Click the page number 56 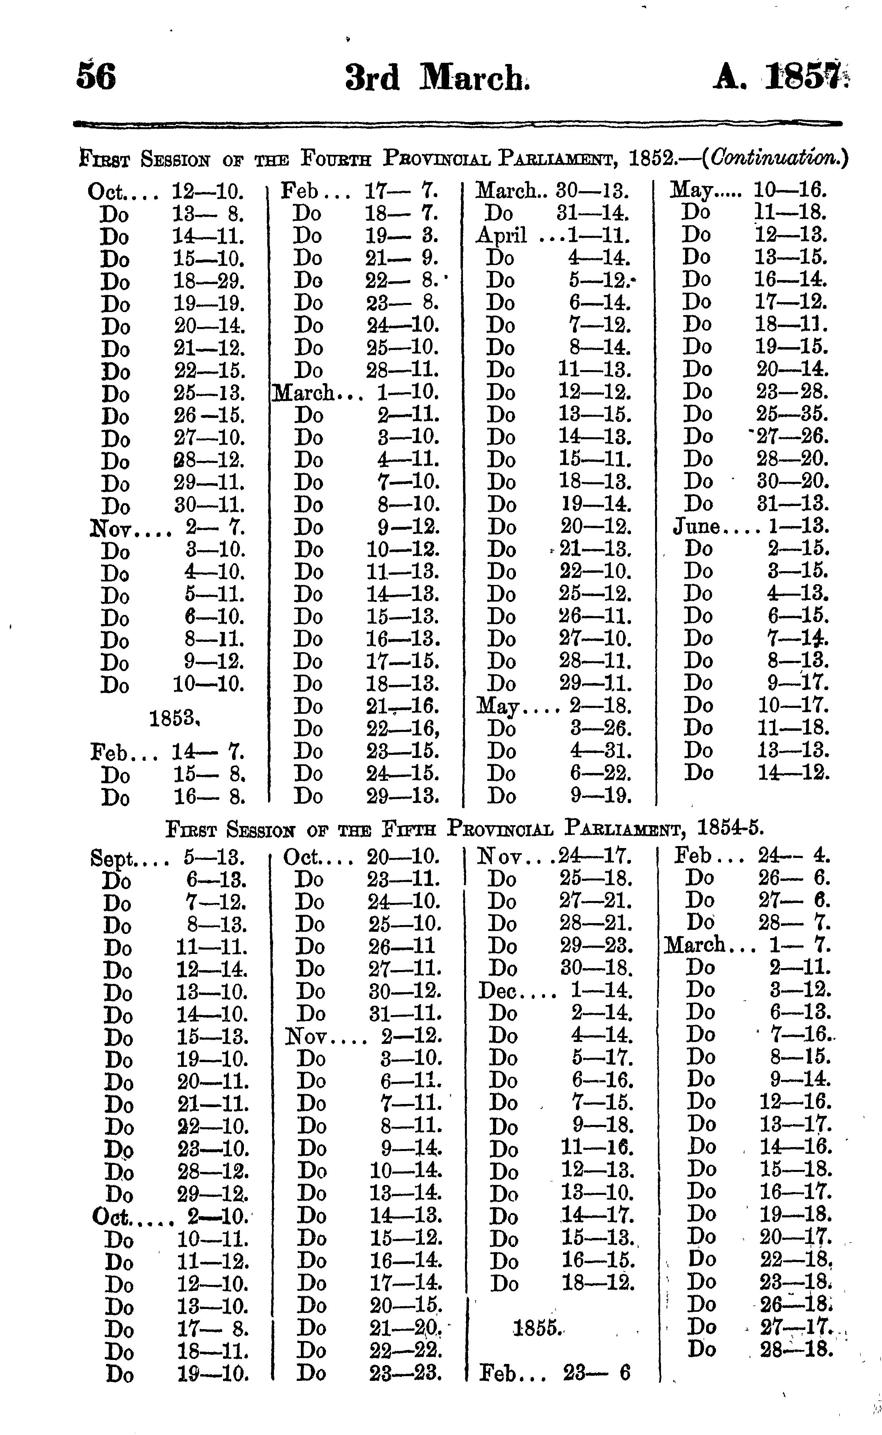click(x=96, y=76)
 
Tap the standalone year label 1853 click(x=174, y=718)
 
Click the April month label click(x=501, y=235)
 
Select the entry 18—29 click(x=208, y=282)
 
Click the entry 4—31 click(x=600, y=751)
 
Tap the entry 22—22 click(x=405, y=1351)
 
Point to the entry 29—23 click(x=596, y=945)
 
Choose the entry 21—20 click(x=405, y=1328)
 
